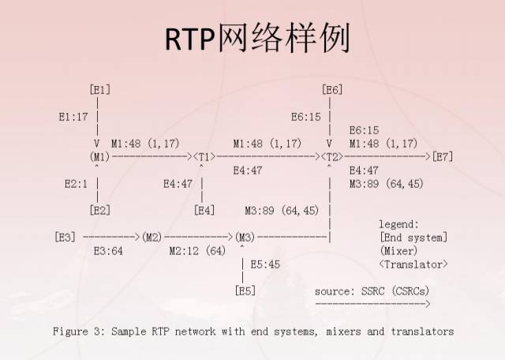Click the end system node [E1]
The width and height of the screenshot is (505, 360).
99,89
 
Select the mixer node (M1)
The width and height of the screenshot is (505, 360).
99,156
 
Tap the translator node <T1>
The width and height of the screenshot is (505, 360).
204,156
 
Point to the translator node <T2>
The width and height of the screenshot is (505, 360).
332,156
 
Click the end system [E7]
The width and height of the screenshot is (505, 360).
443,156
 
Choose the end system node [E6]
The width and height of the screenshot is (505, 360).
332,89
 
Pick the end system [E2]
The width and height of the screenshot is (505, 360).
99,210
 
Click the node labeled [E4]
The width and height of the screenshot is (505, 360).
204,210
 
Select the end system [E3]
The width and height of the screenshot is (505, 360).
65,237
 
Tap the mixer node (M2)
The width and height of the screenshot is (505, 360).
152,237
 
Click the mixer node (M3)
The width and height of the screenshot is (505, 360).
245,237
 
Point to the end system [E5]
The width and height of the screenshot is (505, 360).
245,291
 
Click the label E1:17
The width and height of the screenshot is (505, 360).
73,116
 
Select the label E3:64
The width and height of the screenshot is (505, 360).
109,251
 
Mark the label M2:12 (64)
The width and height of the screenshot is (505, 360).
197,251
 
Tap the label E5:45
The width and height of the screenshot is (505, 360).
265,264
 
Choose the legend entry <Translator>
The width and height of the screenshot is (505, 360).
413,264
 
